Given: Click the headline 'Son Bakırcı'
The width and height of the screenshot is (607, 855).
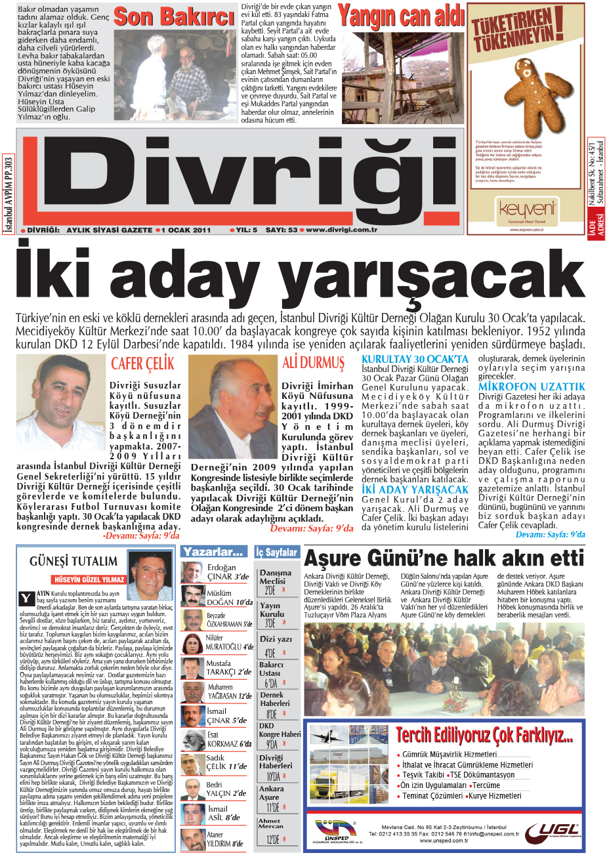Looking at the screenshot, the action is (x=173, y=18).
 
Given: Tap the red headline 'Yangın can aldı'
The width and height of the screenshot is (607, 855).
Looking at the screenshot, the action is (x=401, y=16).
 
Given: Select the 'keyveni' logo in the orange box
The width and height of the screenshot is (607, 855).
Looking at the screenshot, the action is (x=526, y=209).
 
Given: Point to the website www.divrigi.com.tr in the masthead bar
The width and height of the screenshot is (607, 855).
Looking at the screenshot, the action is (x=342, y=230).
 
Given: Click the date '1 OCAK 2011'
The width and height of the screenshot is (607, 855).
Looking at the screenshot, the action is (x=186, y=230).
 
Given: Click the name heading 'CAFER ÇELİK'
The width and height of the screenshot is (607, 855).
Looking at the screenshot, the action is (x=142, y=364).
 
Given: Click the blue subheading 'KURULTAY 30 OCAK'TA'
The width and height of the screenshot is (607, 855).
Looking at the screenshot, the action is (x=415, y=359).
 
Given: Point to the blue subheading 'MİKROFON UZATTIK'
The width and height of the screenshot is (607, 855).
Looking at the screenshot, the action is (x=531, y=387).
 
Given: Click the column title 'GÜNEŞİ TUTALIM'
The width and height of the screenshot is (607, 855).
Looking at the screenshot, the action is (x=73, y=561).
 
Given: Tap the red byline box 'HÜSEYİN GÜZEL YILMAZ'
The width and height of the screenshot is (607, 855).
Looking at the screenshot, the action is (x=89, y=579).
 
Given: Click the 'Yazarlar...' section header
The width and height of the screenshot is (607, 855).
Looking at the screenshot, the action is (x=215, y=552).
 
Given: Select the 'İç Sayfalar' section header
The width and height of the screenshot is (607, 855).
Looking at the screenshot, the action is (x=277, y=553).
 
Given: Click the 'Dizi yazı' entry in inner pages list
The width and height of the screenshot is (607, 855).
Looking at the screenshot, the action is (x=276, y=638).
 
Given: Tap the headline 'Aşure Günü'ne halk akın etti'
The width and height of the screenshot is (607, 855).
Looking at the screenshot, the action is (x=444, y=558).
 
